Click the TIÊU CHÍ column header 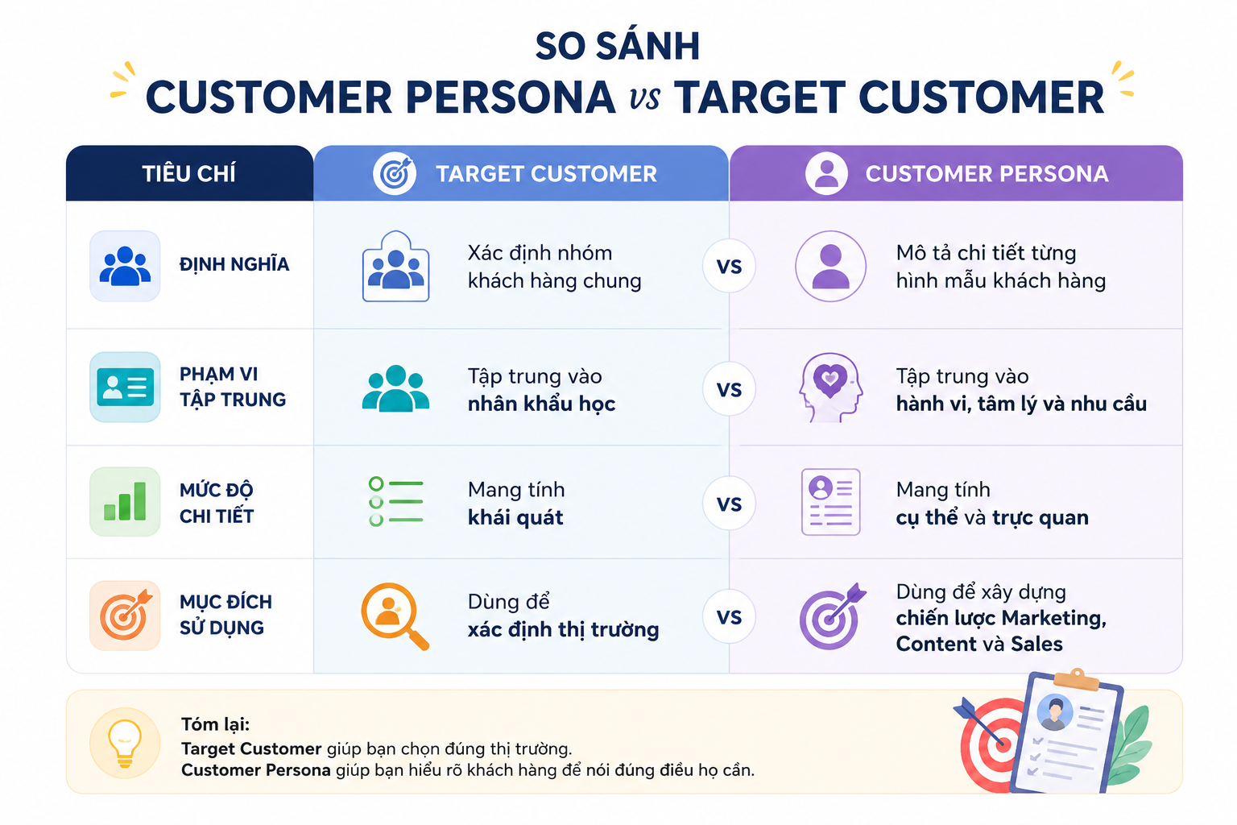[x=189, y=173]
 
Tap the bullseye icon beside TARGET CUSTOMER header [x=395, y=173]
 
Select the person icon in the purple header [x=826, y=173]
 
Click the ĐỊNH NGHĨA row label [x=234, y=264]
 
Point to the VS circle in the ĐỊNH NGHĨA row [x=729, y=267]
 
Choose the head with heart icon [x=830, y=388]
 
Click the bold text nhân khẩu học [x=541, y=404]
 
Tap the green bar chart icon [x=125, y=502]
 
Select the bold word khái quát [x=515, y=518]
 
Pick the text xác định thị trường [x=563, y=630]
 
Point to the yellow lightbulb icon [x=125, y=743]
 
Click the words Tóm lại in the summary [x=215, y=723]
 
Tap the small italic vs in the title [x=644, y=98]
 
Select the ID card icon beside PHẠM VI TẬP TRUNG [x=125, y=387]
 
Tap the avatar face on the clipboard [x=1055, y=713]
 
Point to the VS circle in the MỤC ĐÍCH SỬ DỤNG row [x=729, y=616]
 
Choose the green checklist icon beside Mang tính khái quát [x=395, y=502]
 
